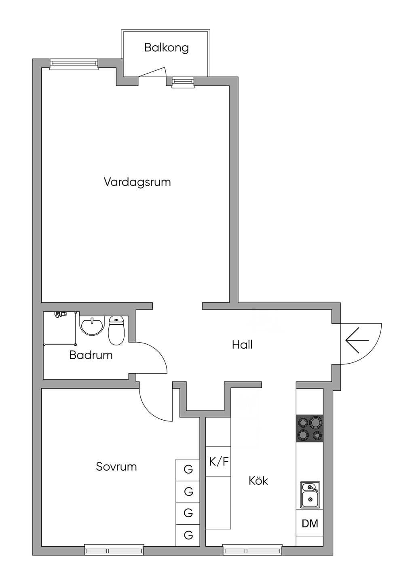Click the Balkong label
pyautogui.click(x=167, y=48)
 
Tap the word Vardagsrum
pyautogui.click(x=137, y=182)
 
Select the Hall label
pyautogui.click(x=242, y=345)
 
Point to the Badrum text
pyautogui.click(x=91, y=355)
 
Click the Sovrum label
pyautogui.click(x=116, y=467)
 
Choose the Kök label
pyautogui.click(x=258, y=480)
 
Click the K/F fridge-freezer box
pyautogui.click(x=218, y=461)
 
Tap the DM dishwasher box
pyautogui.click(x=310, y=523)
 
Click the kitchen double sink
pyautogui.click(x=310, y=495)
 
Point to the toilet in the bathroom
pyautogui.click(x=116, y=330)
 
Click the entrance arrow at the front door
pyautogui.click(x=357, y=340)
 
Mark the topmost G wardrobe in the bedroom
pyautogui.click(x=188, y=470)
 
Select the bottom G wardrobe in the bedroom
pyautogui.click(x=188, y=535)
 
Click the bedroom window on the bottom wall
pyautogui.click(x=114, y=549)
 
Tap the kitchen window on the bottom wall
pyautogui.click(x=253, y=549)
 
